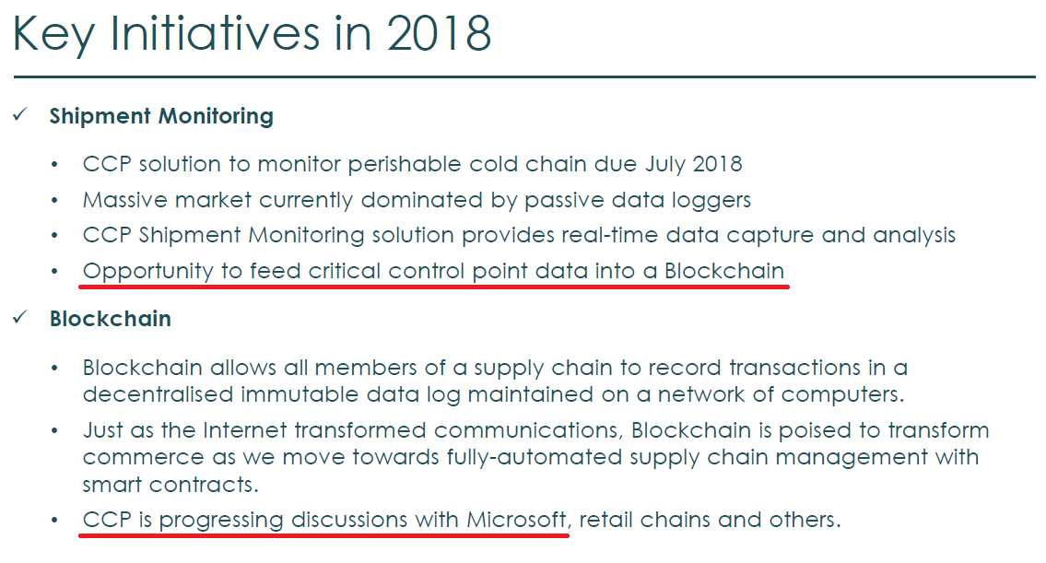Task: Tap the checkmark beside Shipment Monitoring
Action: [20, 115]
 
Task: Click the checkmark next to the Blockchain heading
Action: [20, 317]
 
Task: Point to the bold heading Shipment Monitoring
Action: [161, 116]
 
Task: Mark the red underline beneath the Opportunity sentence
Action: [434, 287]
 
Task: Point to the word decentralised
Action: [158, 394]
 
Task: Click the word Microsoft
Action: [516, 520]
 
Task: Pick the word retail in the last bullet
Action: [605, 520]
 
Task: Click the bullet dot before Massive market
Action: [54, 200]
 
